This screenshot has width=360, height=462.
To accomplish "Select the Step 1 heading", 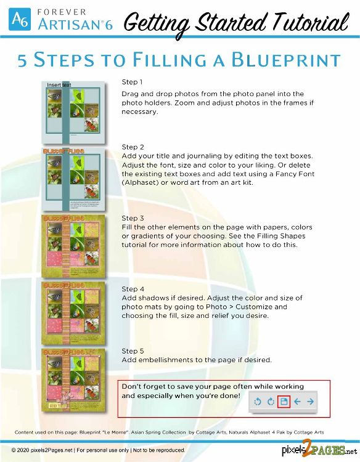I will (x=133, y=82).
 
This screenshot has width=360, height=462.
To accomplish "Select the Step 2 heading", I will (x=133, y=147).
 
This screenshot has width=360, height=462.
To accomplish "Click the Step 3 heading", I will (x=133, y=218).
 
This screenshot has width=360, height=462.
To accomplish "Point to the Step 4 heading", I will (x=133, y=289).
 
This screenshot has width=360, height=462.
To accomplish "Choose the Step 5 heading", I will (x=133, y=351).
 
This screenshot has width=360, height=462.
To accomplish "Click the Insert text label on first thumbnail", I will (x=59, y=84).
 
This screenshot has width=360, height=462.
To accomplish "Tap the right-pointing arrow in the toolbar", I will (x=310, y=402).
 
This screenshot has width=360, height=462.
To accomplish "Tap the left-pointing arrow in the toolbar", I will (x=298, y=402).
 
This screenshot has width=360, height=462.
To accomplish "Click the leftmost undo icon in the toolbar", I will (x=258, y=402).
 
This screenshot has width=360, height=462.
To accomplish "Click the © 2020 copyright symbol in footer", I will (x=14, y=450).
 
